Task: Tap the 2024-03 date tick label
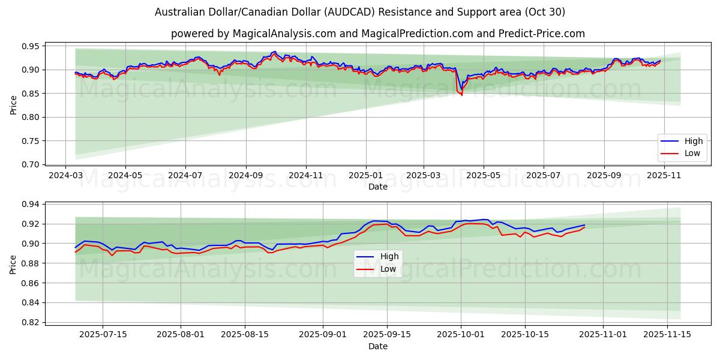(x=66, y=176)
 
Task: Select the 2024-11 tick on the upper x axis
(x=306, y=176)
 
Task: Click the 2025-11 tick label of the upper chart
(x=664, y=176)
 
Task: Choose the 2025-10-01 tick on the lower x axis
(x=461, y=334)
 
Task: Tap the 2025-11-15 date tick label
(x=668, y=334)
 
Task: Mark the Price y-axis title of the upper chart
(x=13, y=105)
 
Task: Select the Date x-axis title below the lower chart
(x=378, y=346)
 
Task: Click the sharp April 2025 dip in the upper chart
(x=461, y=94)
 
